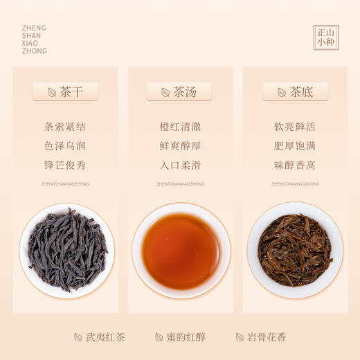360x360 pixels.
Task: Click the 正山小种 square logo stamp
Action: point(326,37)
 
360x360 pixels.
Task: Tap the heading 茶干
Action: point(66,91)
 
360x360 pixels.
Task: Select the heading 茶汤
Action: point(179,91)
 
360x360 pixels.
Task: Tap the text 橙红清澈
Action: point(179,127)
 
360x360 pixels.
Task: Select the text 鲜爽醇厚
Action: point(179,146)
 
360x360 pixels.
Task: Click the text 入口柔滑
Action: point(179,165)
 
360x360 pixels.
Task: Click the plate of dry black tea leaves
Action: point(67,250)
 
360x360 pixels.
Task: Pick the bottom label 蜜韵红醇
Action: point(186,338)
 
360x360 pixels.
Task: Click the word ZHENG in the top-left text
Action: point(34,28)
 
